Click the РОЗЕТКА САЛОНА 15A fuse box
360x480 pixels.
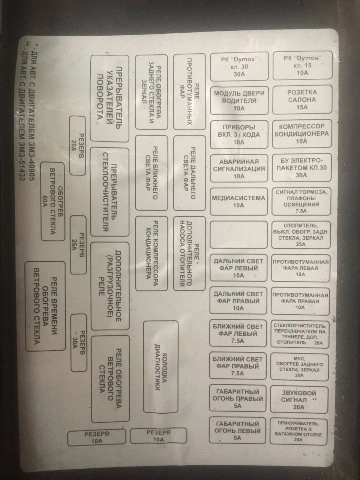point(302,100)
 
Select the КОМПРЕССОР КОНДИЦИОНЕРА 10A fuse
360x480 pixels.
point(302,133)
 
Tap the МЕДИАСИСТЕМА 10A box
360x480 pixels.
point(239,201)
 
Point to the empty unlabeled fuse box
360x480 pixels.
point(239,235)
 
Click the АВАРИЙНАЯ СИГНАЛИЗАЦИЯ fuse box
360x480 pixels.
point(239,168)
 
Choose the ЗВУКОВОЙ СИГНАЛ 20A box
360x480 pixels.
point(299,400)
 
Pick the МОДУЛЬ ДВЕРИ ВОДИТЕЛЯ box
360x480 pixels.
point(239,100)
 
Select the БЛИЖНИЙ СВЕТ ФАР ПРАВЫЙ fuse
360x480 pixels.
point(238,366)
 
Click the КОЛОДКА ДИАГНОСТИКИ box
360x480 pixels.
point(160,367)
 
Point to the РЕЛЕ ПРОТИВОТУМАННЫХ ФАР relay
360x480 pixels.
point(189,92)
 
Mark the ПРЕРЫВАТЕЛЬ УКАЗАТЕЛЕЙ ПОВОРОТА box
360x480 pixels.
point(109,98)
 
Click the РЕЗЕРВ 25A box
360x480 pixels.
point(78,245)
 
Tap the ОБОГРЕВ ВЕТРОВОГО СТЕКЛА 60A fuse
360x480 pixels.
point(53,201)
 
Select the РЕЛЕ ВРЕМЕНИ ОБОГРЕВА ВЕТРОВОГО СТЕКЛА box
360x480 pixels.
point(45,306)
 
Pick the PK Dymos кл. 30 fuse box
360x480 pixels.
point(239,66)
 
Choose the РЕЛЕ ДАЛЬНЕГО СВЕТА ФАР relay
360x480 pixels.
point(189,173)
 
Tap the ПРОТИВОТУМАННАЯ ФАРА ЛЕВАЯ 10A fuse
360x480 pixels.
point(300,268)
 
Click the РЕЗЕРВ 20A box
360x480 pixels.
point(78,146)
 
